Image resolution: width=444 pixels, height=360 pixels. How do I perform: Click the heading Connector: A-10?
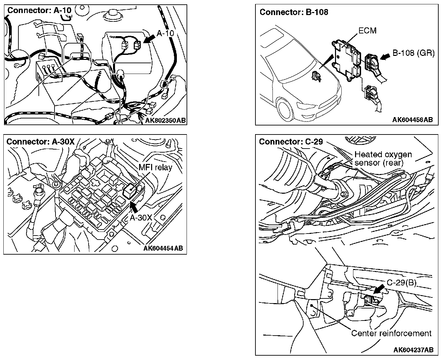coord(39,10)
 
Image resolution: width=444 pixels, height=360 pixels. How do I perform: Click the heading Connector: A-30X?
coord(40,141)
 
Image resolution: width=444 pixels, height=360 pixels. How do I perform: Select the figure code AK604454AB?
coord(163,248)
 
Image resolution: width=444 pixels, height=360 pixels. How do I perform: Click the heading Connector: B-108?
coord(294,12)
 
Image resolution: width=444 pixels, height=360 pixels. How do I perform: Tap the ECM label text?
coord(367,31)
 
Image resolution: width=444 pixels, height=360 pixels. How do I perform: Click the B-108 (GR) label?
coord(413,53)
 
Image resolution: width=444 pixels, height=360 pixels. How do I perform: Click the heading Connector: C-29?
coord(291,142)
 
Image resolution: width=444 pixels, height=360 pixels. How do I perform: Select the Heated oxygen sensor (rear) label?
coord(383,159)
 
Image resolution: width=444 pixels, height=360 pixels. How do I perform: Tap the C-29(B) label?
coord(401,283)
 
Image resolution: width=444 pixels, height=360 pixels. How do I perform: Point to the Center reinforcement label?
coord(391,333)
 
